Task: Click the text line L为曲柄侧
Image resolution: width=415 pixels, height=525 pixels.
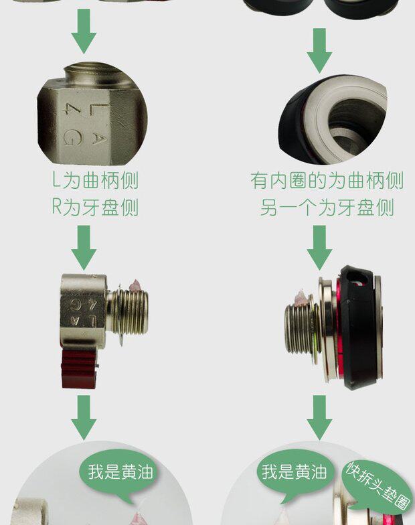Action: coord(95,181)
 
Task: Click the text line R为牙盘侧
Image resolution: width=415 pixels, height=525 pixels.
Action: coord(95,207)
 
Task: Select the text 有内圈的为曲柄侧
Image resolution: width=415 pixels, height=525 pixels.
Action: coord(327,181)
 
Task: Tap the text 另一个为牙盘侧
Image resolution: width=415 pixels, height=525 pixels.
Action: coord(327,208)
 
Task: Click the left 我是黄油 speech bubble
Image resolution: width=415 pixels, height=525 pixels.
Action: coord(120,473)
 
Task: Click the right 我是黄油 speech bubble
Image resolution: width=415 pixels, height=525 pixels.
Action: coord(295,473)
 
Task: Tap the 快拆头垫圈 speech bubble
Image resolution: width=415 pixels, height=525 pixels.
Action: coord(379,487)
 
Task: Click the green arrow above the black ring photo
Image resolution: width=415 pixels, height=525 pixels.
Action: coord(320,50)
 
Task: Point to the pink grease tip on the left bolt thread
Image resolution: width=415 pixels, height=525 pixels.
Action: coord(136,286)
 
